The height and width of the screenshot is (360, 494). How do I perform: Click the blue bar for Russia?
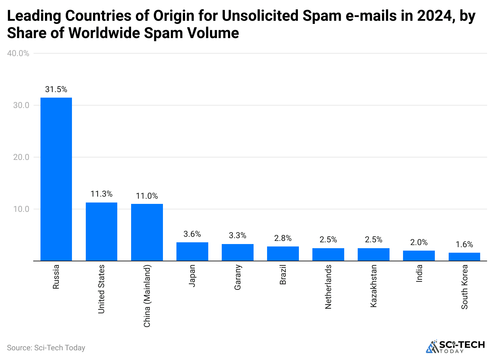tap(56, 179)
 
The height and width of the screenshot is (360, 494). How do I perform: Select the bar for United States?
tap(101, 231)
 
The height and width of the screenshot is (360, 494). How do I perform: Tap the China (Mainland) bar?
tap(147, 232)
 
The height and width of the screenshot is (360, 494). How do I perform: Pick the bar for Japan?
tap(192, 251)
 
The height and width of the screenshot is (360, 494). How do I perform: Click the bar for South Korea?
tap(464, 256)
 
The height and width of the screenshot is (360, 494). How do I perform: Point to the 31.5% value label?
tap(56, 90)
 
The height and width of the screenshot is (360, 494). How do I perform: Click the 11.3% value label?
tap(101, 194)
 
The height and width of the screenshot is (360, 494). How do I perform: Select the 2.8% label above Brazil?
tap(283, 238)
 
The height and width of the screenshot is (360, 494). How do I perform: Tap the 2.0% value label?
tap(419, 242)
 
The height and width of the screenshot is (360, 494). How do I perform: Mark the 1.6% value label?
tap(464, 244)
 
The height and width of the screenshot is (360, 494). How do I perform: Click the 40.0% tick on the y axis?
tap(18, 53)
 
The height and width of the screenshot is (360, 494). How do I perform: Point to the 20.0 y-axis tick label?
tap(21, 157)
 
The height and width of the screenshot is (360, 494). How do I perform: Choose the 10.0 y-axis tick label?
tap(21, 209)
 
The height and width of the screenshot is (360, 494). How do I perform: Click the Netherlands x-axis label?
tap(328, 287)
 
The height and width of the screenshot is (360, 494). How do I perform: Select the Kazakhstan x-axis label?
tap(374, 286)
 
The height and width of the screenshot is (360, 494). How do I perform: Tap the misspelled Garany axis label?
tap(238, 277)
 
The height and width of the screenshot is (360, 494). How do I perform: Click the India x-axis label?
tap(419, 273)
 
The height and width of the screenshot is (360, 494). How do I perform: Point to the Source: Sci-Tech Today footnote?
tap(46, 348)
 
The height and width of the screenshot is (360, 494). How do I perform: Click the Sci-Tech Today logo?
tap(455, 346)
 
